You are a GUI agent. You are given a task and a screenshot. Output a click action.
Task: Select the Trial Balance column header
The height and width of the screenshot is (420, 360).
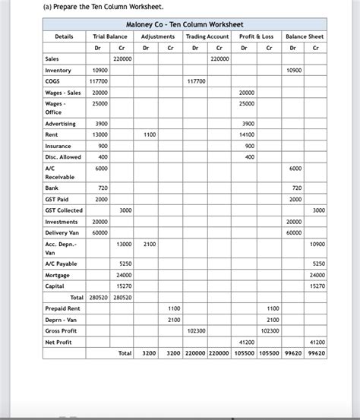click(109, 36)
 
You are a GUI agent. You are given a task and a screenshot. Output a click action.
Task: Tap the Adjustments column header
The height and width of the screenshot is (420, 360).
click(158, 36)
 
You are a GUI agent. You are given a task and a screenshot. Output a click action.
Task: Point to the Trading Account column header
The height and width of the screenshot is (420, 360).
click(207, 36)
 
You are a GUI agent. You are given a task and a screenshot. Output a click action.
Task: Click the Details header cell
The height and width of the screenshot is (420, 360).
click(64, 36)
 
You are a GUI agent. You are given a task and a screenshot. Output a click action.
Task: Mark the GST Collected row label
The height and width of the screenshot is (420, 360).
click(65, 210)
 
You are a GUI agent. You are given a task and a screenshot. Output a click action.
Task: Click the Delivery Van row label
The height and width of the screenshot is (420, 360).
click(64, 232)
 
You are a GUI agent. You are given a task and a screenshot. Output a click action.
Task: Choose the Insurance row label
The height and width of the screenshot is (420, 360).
click(58, 146)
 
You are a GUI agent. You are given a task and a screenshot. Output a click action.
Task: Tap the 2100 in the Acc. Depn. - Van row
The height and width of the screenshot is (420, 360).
click(150, 244)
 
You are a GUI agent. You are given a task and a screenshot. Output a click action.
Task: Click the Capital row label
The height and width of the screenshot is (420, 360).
click(55, 286)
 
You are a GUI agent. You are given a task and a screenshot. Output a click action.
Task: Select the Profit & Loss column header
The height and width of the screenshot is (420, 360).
click(256, 36)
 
